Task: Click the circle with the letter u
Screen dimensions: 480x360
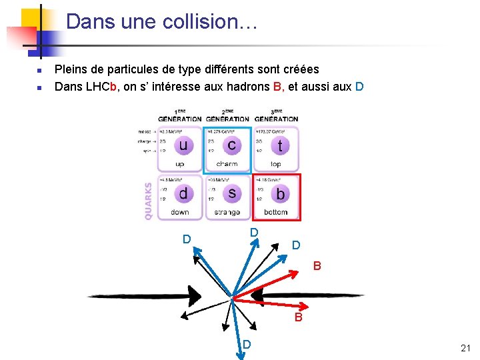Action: point(183,145)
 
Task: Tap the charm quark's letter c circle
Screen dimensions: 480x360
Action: point(231,145)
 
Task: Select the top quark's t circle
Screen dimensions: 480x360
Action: point(280,145)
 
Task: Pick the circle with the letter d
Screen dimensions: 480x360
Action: point(183,193)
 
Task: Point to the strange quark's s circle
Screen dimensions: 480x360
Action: point(231,193)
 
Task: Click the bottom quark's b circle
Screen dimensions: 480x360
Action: point(280,193)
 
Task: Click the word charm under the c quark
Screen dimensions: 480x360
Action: point(227,164)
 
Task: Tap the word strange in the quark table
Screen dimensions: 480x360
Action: point(227,213)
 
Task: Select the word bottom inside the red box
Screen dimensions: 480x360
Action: point(275,213)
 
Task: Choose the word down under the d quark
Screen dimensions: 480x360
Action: point(180,213)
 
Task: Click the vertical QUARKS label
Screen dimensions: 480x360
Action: point(148,201)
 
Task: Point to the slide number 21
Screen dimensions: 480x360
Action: point(465,348)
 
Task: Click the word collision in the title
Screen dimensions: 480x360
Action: point(214,22)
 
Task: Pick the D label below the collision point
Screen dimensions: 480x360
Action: point(247,344)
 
